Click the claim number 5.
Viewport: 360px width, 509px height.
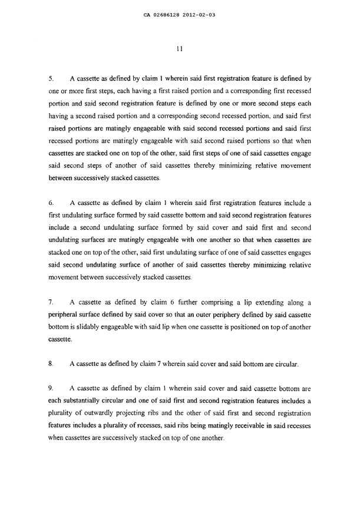click(x=51, y=78)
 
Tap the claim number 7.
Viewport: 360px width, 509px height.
click(x=51, y=301)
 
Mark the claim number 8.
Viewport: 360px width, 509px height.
click(x=51, y=365)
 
